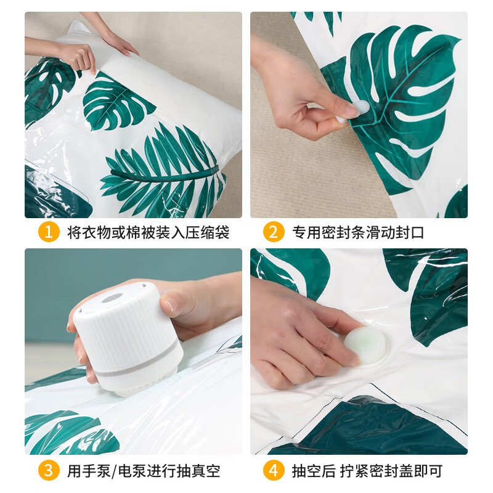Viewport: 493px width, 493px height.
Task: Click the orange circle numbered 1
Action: pyautogui.click(x=49, y=232)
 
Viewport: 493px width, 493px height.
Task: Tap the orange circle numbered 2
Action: pyautogui.click(x=274, y=232)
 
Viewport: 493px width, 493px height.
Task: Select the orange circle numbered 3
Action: pyautogui.click(x=49, y=471)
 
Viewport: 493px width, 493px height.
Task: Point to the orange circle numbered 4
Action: pyautogui.click(x=274, y=471)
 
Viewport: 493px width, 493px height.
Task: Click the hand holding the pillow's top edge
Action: pyautogui.click(x=77, y=55)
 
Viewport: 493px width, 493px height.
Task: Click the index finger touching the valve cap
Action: pyautogui.click(x=333, y=320)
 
